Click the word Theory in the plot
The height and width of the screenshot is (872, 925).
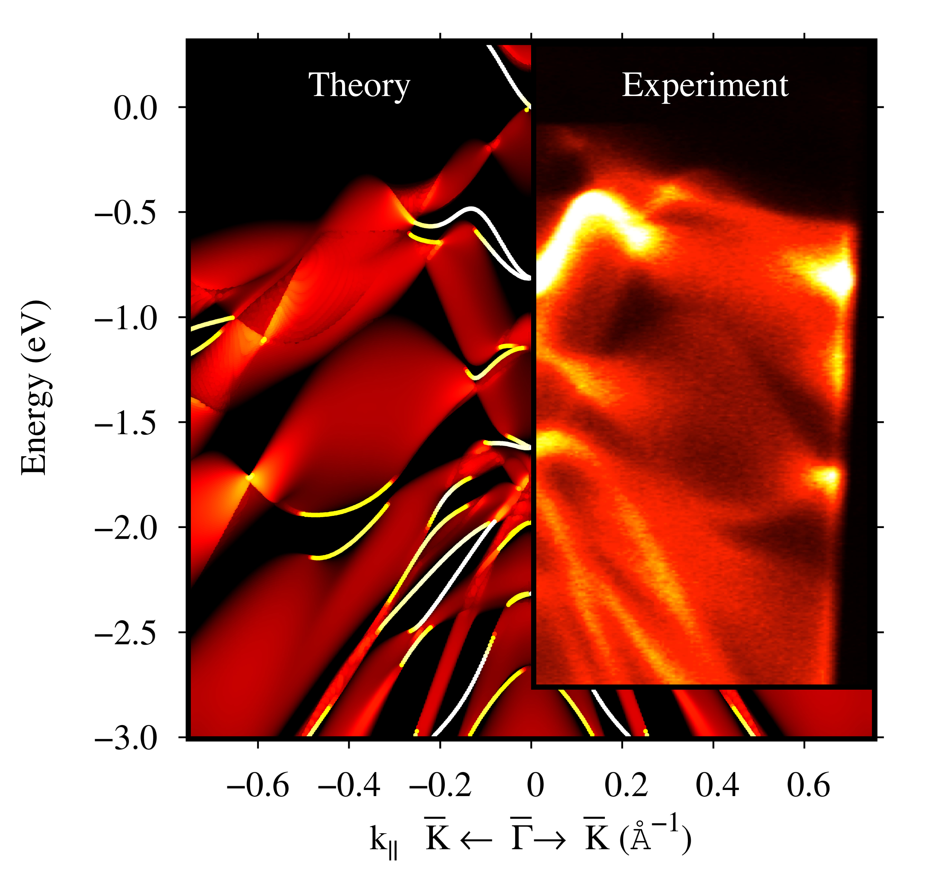359,86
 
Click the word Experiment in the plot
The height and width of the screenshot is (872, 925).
705,86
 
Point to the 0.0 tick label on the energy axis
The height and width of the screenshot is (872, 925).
135,109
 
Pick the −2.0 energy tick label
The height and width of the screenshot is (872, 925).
125,529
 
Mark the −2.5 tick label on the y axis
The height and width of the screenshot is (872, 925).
125,634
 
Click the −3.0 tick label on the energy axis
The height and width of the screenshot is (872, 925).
125,739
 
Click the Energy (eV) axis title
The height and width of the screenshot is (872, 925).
35,387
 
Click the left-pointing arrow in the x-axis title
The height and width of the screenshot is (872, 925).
476,840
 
